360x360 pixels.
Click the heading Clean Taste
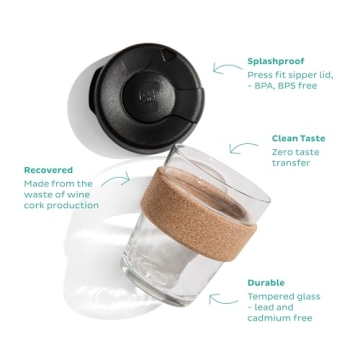298,138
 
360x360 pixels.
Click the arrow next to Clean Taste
243,147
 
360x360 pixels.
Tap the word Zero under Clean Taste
285,150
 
